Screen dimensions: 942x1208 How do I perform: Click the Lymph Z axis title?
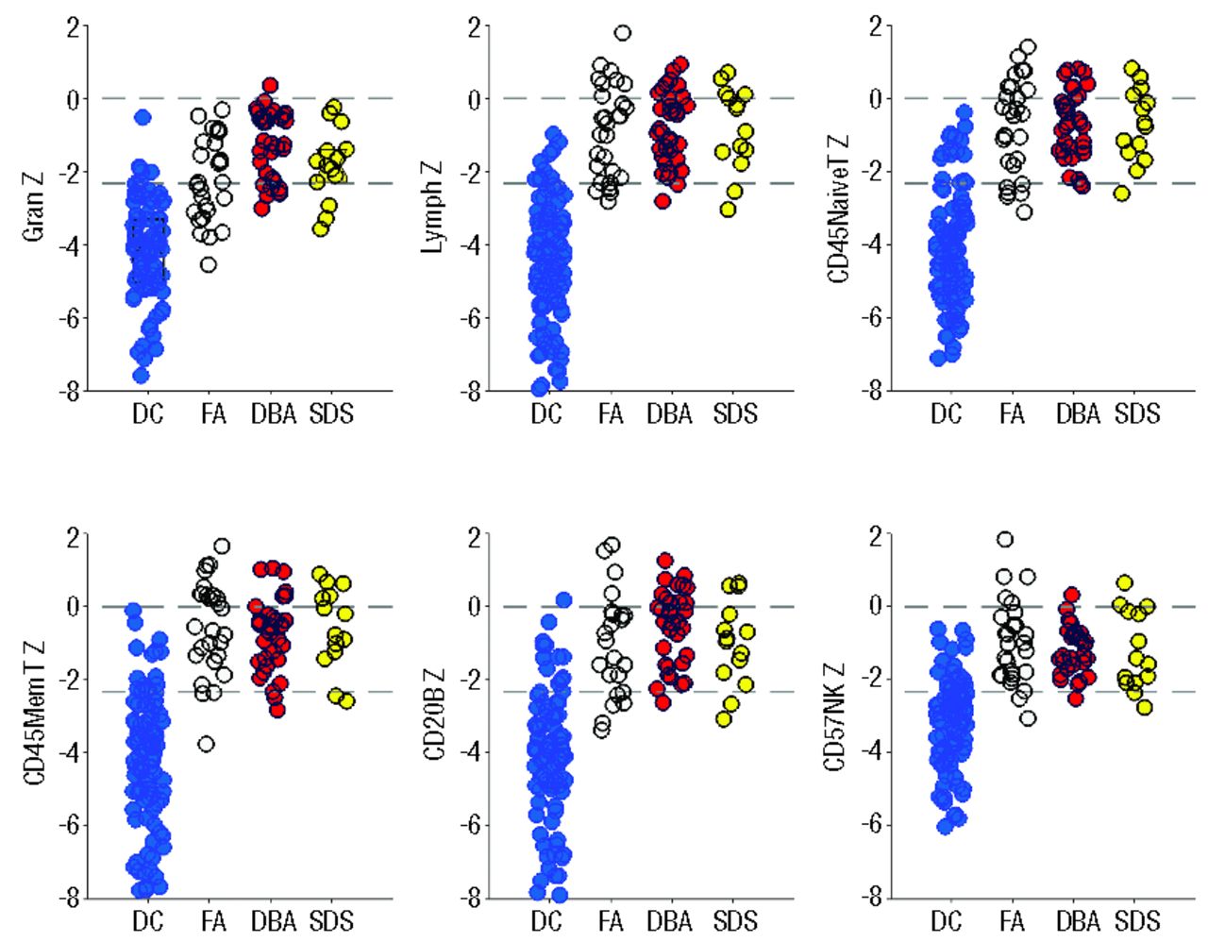pyautogui.click(x=433, y=206)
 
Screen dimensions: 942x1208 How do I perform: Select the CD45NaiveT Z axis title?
pyautogui.click(x=838, y=208)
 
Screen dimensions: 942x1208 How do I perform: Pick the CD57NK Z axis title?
pyautogui.click(x=834, y=715)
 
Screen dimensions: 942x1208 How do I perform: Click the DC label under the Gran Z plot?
pyautogui.click(x=147, y=413)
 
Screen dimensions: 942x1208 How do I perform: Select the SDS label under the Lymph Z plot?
pyautogui.click(x=734, y=413)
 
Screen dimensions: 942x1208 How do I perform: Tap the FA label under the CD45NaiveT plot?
pyautogui.click(x=1012, y=413)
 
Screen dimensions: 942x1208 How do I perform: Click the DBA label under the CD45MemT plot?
pyautogui.click(x=274, y=920)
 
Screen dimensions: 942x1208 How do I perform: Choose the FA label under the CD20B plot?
pyautogui.click(x=612, y=920)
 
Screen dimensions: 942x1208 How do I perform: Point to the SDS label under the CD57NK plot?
pyautogui.click(x=1136, y=920)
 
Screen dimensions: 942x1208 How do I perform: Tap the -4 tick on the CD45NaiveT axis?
pyautogui.click(x=869, y=244)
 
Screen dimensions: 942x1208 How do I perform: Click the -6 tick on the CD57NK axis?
pyautogui.click(x=869, y=825)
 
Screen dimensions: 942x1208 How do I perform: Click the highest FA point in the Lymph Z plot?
pyautogui.click(x=623, y=33)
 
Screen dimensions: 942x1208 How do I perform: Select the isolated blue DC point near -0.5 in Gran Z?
pyautogui.click(x=143, y=117)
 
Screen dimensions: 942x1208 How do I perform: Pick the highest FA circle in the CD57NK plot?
pyautogui.click(x=1005, y=539)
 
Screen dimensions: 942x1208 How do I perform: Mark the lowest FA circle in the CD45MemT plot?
pyautogui.click(x=206, y=744)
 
